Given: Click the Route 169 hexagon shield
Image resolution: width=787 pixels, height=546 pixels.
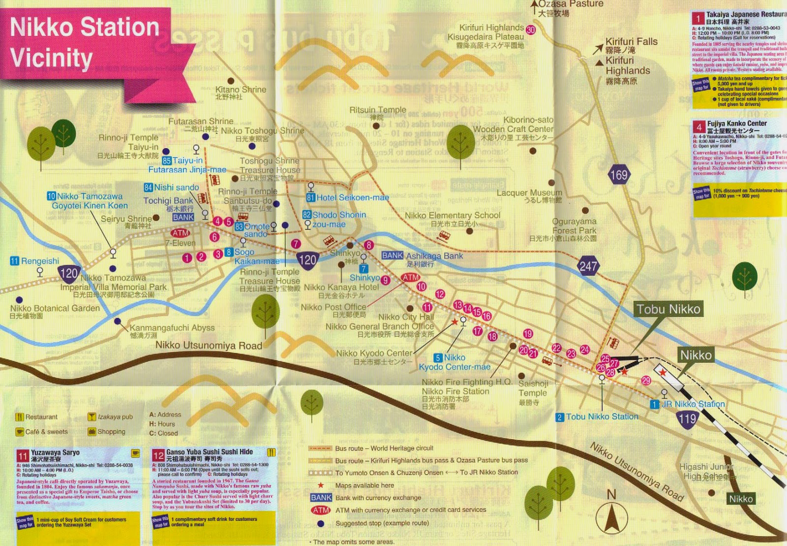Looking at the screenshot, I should click(618, 175).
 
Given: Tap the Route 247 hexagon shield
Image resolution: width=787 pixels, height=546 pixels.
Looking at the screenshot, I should click(588, 266).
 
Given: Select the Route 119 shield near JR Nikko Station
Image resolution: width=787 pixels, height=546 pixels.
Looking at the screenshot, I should click(687, 419).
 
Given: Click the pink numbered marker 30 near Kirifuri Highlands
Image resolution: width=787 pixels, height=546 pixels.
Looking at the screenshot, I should click(531, 30).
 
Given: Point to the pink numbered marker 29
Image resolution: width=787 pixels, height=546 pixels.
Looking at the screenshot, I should click(646, 380).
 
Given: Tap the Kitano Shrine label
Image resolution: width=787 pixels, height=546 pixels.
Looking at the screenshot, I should click(241, 90).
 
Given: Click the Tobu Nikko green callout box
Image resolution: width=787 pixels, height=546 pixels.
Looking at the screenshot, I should click(668, 309).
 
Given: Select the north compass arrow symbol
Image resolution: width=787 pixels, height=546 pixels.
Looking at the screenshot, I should click(611, 517).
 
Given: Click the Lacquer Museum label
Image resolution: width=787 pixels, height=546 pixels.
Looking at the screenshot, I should click(529, 193).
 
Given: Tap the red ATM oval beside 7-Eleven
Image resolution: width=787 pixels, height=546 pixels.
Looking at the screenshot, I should click(180, 233).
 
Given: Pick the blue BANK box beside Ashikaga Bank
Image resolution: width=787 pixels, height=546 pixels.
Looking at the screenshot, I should click(392, 256).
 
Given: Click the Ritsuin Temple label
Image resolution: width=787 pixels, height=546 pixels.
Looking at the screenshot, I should click(378, 110).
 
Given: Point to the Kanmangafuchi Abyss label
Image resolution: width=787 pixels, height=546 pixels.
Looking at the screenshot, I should click(172, 328).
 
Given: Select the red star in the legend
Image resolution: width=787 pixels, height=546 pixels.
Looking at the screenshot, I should click(321, 485).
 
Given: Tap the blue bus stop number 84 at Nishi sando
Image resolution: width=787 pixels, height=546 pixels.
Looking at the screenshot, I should click(148, 188).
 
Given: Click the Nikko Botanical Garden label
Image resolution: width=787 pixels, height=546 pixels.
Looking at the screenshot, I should click(55, 308).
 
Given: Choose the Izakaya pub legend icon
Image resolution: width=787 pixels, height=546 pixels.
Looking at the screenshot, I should click(91, 417).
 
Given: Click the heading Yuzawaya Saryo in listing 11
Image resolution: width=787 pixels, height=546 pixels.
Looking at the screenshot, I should click(55, 452).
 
